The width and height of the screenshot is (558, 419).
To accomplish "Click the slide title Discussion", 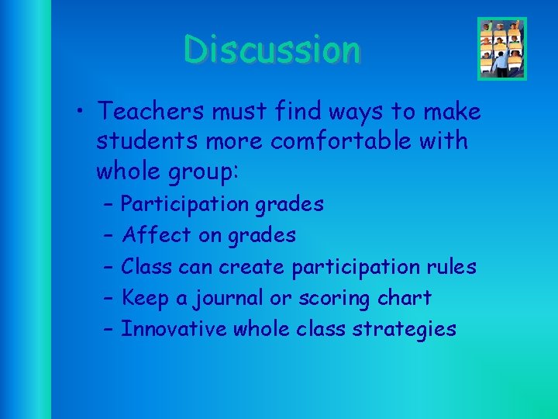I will click(x=272, y=50).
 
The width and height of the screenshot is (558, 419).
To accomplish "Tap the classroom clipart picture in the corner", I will click(x=502, y=49).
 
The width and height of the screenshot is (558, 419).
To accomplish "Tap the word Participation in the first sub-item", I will click(x=185, y=205).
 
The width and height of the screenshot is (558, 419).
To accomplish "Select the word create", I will click(x=252, y=267).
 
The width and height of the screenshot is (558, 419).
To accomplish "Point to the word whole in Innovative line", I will click(x=262, y=329).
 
